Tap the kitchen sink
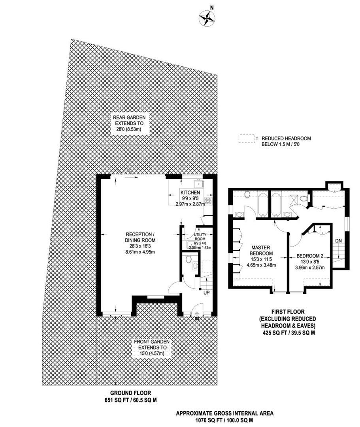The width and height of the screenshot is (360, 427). pos(198,183)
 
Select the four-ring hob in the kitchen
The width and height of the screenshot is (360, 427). pos(208,200)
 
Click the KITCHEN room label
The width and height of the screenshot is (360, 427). pos(188,193)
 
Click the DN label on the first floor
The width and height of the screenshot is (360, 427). pos(338,240)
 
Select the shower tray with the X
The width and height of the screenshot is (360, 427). pos(295,199)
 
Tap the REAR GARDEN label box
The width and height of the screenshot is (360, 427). pos(129,123)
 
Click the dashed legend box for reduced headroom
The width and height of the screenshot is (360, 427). pos(246,139)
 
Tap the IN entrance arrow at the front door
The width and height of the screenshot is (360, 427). pos(197,314)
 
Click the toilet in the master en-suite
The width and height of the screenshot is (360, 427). pos(248,194)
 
